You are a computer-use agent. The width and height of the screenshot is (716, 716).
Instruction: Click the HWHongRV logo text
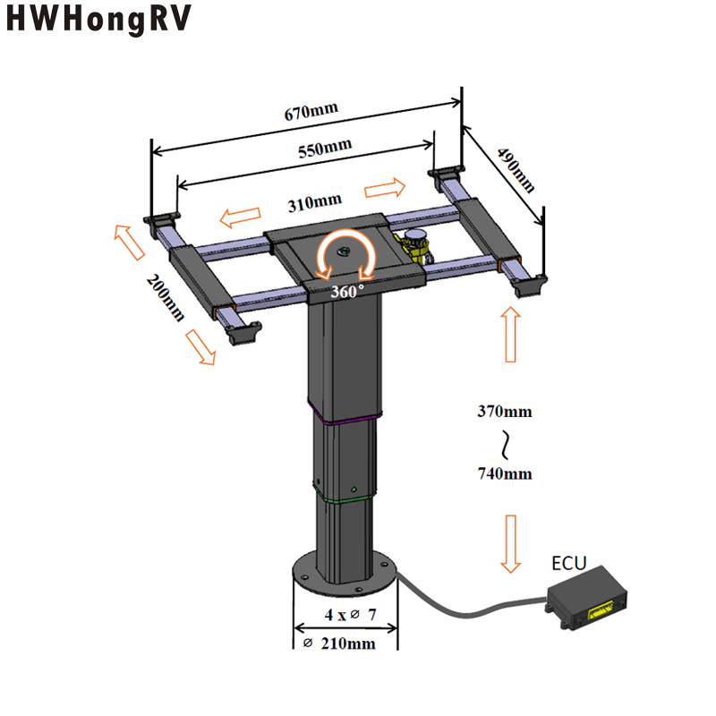point(99,21)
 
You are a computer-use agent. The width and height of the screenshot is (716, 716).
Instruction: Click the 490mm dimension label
point(517,170)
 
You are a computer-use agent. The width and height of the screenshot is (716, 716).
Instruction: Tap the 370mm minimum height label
point(505,412)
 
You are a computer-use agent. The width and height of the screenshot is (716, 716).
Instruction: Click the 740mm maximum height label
point(505,473)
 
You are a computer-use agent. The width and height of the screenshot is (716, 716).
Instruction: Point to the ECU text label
point(568,563)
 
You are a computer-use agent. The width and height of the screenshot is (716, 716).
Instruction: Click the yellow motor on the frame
point(414,244)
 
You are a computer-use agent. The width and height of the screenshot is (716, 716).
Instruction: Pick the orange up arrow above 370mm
point(511,334)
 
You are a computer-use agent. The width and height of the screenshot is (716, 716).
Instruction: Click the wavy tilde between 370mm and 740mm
point(505,442)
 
